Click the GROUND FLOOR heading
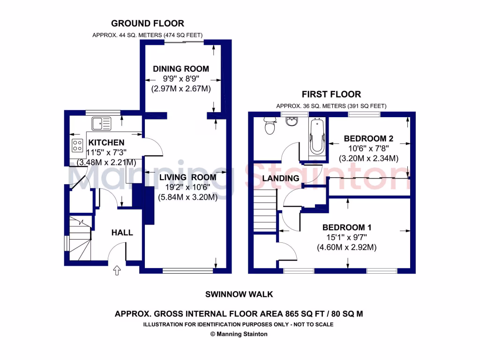pyautogui.click(x=147, y=23)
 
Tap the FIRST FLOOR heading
pyautogui.click(x=331, y=94)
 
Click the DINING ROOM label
pyautogui.click(x=181, y=69)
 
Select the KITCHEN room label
pyautogui.click(x=106, y=142)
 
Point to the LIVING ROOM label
pyautogui.click(x=187, y=177)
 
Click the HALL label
pyautogui.click(x=122, y=232)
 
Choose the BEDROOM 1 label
pyautogui.click(x=347, y=227)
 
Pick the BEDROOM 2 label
pyautogui.click(x=368, y=138)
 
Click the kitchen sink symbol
pyautogui.click(x=102, y=124)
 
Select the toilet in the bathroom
pyautogui.click(x=270, y=126)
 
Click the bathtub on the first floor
pyautogui.click(x=317, y=137)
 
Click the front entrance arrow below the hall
pyautogui.click(x=117, y=270)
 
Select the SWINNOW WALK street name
pyautogui.click(x=239, y=294)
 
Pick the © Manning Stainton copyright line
pyautogui.click(x=239, y=334)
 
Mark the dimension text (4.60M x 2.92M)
pyautogui.click(x=347, y=247)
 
